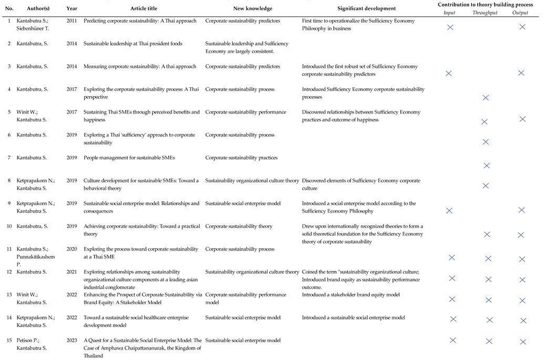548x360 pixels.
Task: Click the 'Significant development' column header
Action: click(x=367, y=8)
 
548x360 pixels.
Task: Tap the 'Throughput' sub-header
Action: click(x=485, y=13)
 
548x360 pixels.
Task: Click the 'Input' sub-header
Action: click(x=449, y=13)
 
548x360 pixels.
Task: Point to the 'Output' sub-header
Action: click(x=520, y=13)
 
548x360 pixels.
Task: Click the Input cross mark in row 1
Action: click(x=450, y=27)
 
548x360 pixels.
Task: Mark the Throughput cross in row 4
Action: click(x=485, y=98)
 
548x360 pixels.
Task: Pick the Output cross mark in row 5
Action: click(x=522, y=119)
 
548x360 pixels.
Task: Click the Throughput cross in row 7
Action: click(x=486, y=166)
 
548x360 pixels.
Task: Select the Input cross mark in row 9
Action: click(x=449, y=210)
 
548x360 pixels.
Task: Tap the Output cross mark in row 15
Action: click(x=523, y=342)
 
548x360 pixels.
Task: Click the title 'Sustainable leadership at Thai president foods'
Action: click(x=133, y=44)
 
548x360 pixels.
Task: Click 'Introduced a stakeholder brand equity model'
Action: click(x=350, y=295)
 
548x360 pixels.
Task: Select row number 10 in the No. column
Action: click(x=9, y=227)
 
